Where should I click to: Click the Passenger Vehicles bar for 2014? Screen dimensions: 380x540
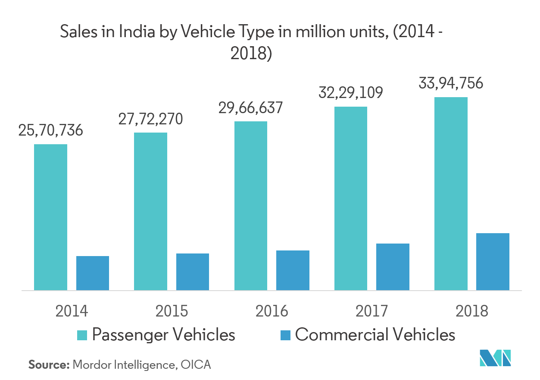point(50,217)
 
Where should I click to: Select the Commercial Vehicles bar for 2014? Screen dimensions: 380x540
point(93,273)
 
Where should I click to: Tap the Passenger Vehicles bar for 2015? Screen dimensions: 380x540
point(150,211)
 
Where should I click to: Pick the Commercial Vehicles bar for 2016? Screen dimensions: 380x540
point(293,270)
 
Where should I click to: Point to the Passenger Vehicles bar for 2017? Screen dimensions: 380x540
point(351,198)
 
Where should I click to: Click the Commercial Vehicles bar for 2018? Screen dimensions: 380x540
point(493,261)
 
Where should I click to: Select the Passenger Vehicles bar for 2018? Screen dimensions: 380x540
point(451,193)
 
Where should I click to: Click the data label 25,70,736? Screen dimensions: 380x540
point(50,130)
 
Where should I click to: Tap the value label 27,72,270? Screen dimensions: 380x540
point(150,119)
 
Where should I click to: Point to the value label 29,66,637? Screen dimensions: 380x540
point(250,108)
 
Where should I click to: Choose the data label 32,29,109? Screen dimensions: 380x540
point(351,93)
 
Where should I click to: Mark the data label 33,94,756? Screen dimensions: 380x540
point(451,83)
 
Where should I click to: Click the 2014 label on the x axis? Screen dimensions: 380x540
point(72,311)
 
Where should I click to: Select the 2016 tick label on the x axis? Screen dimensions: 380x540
point(272,311)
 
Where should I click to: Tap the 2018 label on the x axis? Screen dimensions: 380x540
point(472,311)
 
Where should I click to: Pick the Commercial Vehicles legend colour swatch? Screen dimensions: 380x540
point(285,335)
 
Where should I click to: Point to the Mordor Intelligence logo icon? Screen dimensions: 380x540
point(495,358)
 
